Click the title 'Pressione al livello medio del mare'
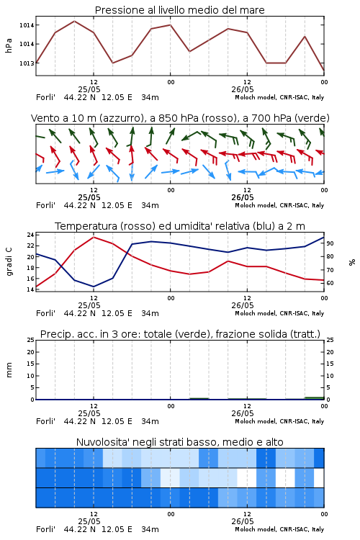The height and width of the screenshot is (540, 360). pyautogui.click(x=179, y=10)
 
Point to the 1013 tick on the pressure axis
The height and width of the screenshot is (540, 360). pyautogui.click(x=27, y=63)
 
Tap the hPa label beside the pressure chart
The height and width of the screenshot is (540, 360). pyautogui.click(x=9, y=45)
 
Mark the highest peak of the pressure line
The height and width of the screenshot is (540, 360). pyautogui.click(x=74, y=22)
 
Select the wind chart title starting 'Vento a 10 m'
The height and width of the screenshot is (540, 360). pyautogui.click(x=180, y=118)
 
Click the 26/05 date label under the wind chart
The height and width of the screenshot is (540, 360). pyautogui.click(x=243, y=197)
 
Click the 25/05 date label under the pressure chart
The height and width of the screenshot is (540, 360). pyautogui.click(x=89, y=89)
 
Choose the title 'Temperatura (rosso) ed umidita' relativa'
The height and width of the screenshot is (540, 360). pyautogui.click(x=179, y=226)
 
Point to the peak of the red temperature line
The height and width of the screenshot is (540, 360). pyautogui.click(x=94, y=238)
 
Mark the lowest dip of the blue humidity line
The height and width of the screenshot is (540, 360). pyautogui.click(x=94, y=287)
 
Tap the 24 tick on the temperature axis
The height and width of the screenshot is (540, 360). pyautogui.click(x=30, y=235)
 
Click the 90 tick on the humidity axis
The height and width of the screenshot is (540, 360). pyautogui.click(x=330, y=243)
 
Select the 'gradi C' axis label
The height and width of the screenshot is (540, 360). pyautogui.click(x=9, y=262)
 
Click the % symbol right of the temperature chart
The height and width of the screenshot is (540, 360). pyautogui.click(x=352, y=262)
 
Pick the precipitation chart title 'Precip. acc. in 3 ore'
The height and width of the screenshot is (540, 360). pyautogui.click(x=180, y=334)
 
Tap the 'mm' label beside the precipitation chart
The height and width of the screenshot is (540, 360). pyautogui.click(x=9, y=370)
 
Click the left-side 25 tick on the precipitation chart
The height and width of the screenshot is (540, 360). pyautogui.click(x=30, y=341)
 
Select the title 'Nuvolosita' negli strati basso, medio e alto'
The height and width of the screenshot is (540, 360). pyautogui.click(x=179, y=442)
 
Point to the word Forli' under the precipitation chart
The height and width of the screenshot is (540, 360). pyautogui.click(x=45, y=421)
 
